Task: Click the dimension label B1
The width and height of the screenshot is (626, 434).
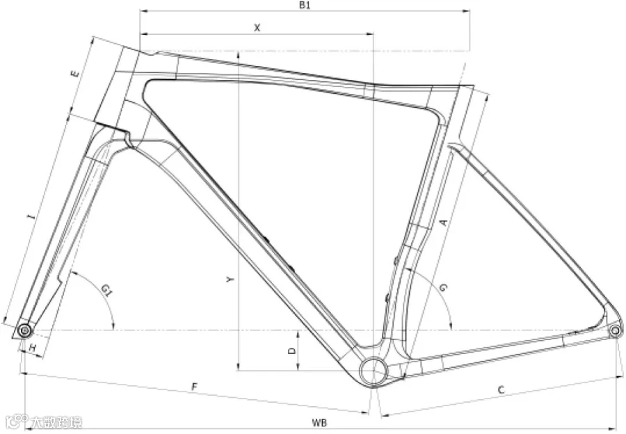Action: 305,5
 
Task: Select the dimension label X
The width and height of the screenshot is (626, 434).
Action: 257,28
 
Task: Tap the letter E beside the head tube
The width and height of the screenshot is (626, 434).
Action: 74,74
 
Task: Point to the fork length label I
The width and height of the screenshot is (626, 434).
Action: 31,217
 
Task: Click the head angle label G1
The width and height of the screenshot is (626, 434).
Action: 106,290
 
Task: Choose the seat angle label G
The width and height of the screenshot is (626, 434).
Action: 443,287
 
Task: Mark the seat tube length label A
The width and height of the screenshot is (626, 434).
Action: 443,223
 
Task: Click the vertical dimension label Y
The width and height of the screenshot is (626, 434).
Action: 229,280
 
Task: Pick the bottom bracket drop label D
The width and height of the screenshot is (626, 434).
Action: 292,351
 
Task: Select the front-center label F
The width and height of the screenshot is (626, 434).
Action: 195,387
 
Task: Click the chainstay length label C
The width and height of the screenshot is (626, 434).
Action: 501,390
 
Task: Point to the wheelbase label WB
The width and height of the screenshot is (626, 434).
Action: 319,423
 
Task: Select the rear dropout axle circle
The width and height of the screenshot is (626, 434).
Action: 616,330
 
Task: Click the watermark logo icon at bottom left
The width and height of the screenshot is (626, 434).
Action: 17,420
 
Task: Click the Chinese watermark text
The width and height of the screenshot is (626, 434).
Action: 56,422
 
